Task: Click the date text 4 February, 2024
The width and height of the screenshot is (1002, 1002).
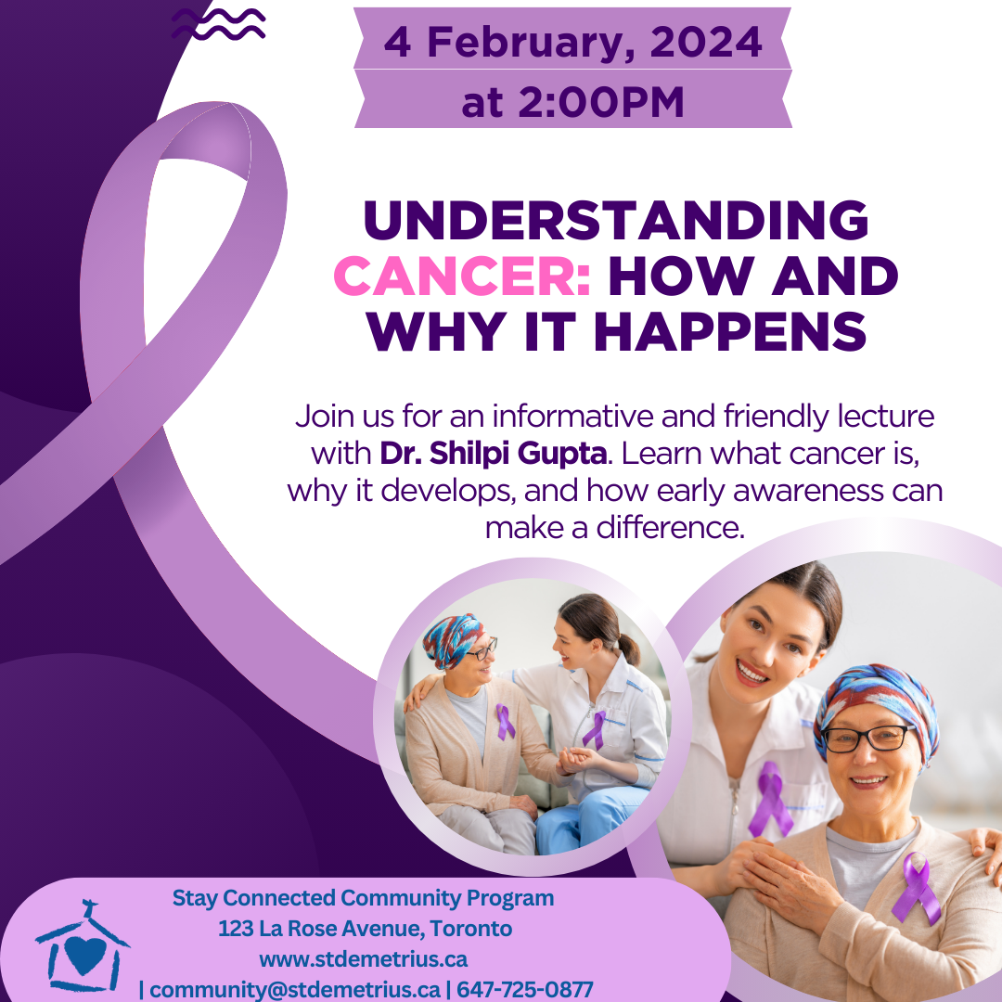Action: (572, 42)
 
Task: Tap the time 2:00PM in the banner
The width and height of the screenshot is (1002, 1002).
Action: (600, 102)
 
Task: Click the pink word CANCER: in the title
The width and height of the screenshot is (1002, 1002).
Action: (462, 276)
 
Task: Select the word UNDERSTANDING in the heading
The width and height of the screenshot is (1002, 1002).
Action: (616, 220)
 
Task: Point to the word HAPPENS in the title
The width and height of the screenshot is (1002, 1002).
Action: (730, 331)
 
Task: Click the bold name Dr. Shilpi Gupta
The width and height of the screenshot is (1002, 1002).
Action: (493, 453)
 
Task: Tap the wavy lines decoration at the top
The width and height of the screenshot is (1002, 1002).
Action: (219, 23)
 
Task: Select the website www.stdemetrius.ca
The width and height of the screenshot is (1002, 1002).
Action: (363, 959)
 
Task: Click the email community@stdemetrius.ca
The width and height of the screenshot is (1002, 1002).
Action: (295, 989)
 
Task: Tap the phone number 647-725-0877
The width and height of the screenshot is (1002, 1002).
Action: (524, 989)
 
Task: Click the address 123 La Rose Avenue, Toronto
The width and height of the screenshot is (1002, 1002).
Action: (365, 929)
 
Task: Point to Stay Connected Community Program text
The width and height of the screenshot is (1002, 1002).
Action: (363, 898)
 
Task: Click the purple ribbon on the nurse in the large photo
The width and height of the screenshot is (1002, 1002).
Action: (771, 799)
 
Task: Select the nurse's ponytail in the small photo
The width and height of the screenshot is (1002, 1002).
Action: (629, 649)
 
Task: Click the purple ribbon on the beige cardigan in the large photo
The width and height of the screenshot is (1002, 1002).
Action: (917, 888)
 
